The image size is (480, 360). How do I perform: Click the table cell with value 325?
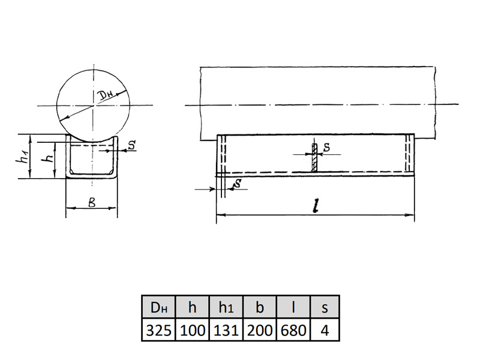click(x=158, y=330)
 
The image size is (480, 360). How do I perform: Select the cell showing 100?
click(x=192, y=330)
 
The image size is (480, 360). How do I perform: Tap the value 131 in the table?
click(x=226, y=330)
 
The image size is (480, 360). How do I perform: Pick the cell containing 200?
click(x=260, y=330)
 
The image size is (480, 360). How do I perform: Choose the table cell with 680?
click(x=293, y=330)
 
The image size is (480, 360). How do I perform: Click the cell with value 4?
click(x=325, y=330)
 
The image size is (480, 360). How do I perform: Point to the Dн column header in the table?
click(x=158, y=307)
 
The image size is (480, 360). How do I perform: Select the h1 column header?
click(x=226, y=307)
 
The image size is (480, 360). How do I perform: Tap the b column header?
click(x=260, y=307)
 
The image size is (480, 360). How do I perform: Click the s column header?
click(x=325, y=307)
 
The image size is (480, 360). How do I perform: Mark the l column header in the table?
click(x=293, y=307)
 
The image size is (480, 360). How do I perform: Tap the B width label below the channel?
click(x=92, y=202)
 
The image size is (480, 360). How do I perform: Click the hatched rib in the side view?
click(x=314, y=157)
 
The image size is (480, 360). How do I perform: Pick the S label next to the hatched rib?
click(x=326, y=147)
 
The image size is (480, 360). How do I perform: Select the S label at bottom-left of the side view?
click(x=237, y=184)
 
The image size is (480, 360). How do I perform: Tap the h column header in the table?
click(x=192, y=307)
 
